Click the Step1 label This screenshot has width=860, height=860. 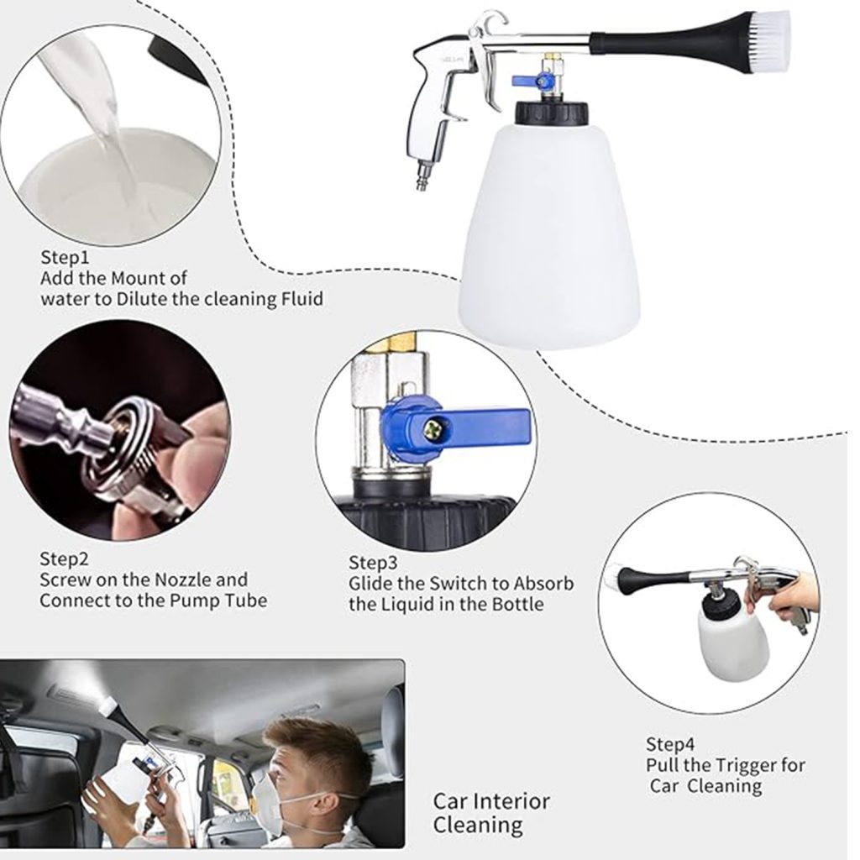[65, 256]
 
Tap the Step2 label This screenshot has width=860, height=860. [64, 558]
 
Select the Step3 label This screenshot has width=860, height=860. [373, 562]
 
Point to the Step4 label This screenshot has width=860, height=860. [670, 743]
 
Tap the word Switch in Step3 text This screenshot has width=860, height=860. [452, 583]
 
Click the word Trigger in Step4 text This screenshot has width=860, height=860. [742, 765]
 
